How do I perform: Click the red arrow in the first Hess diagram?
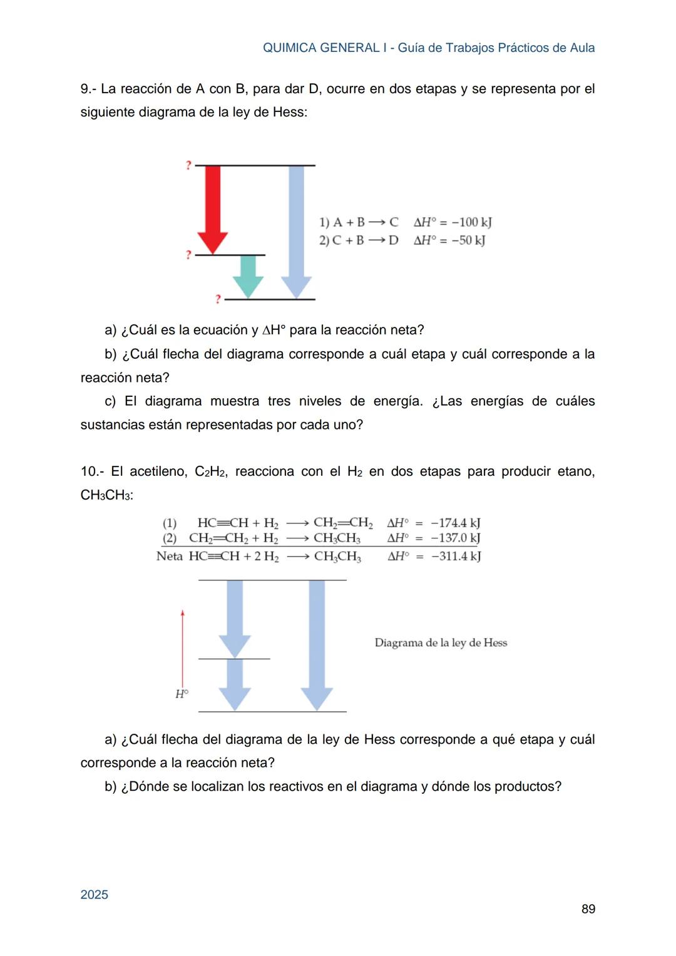(x=213, y=207)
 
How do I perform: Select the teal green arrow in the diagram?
(x=248, y=275)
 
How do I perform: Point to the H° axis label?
(x=182, y=694)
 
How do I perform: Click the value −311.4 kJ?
(x=456, y=556)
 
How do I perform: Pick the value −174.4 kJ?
(x=455, y=523)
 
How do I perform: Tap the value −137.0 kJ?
(x=455, y=538)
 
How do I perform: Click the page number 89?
(x=588, y=909)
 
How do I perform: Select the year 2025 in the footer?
(x=95, y=895)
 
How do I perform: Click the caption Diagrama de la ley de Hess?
(x=441, y=643)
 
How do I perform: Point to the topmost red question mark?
(x=188, y=165)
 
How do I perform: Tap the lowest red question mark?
(x=218, y=299)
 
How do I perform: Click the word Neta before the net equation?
(x=170, y=556)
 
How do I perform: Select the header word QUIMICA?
(x=289, y=48)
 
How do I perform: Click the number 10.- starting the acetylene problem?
(x=92, y=471)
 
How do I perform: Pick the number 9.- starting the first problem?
(x=88, y=89)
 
